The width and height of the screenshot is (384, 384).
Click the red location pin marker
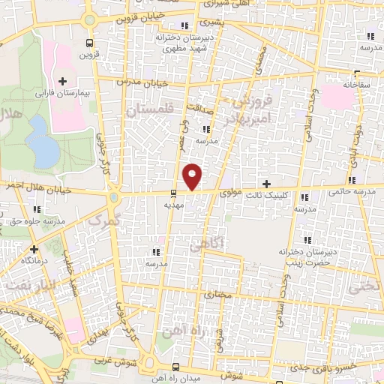(193, 176)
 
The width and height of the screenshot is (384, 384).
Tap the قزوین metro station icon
(90, 43)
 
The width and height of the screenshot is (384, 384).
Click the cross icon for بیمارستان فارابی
(62, 81)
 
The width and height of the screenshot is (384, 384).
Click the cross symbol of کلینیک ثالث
(266, 184)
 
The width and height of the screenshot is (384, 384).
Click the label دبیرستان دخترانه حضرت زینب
(305, 256)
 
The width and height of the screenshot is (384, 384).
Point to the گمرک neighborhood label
(103, 220)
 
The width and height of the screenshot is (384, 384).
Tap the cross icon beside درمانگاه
(34, 249)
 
